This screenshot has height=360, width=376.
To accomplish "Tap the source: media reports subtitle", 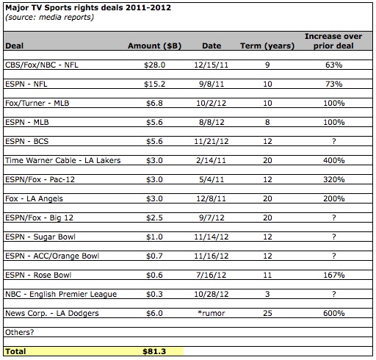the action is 49,17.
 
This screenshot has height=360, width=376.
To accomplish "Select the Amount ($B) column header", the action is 154,46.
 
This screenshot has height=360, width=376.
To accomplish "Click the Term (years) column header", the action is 267,46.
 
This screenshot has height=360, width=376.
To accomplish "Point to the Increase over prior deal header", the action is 333,41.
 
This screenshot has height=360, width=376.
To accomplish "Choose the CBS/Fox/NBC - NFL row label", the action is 42,65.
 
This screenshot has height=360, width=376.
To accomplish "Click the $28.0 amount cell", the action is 155,65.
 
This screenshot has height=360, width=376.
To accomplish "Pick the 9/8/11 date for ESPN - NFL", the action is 211,84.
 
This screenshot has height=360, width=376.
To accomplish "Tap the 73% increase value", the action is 334,84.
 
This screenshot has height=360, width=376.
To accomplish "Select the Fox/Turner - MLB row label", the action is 37,103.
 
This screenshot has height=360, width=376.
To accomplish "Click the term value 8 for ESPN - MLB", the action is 267,122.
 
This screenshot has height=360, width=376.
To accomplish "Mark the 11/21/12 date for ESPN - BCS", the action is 211,141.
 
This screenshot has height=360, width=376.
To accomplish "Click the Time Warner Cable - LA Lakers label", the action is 63,160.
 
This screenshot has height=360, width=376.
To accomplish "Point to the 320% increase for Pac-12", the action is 334,179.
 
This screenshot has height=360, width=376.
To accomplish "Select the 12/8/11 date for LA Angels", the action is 211,198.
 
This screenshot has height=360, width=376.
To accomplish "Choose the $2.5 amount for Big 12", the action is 154,217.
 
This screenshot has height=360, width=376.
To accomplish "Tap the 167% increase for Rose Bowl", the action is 334,275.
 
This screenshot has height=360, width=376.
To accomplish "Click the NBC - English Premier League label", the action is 61,294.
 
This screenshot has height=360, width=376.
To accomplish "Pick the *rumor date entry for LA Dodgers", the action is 211,313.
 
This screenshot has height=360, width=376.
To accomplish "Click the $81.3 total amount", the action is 154,351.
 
